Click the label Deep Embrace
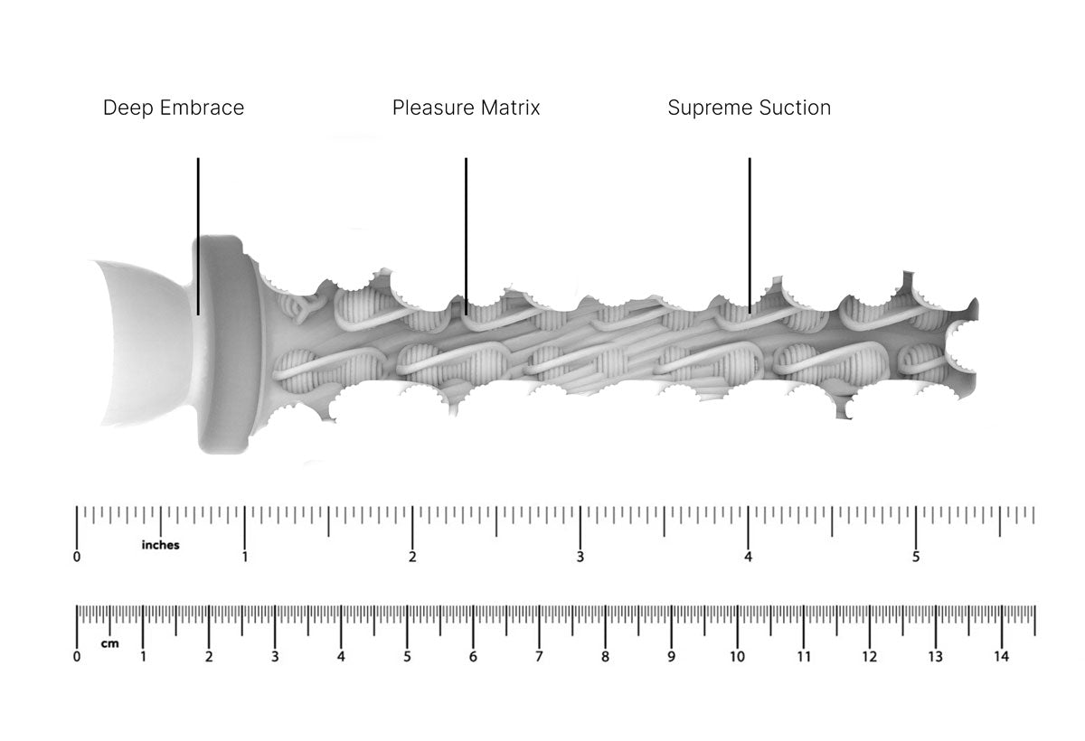point(174,108)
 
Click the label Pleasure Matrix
point(466,108)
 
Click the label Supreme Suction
point(749,108)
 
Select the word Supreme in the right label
point(704,108)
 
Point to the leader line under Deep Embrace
point(198,235)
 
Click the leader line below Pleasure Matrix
point(466,235)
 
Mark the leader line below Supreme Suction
point(750,235)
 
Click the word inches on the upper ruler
point(160,545)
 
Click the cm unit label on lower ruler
point(109,644)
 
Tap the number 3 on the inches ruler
point(580,558)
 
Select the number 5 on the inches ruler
point(916,558)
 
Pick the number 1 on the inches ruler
point(245,558)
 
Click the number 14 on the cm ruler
point(1001,657)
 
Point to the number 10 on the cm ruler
point(737,657)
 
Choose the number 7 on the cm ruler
point(539,657)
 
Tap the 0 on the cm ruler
point(77,657)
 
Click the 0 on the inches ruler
point(77,558)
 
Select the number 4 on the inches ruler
point(748,558)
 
